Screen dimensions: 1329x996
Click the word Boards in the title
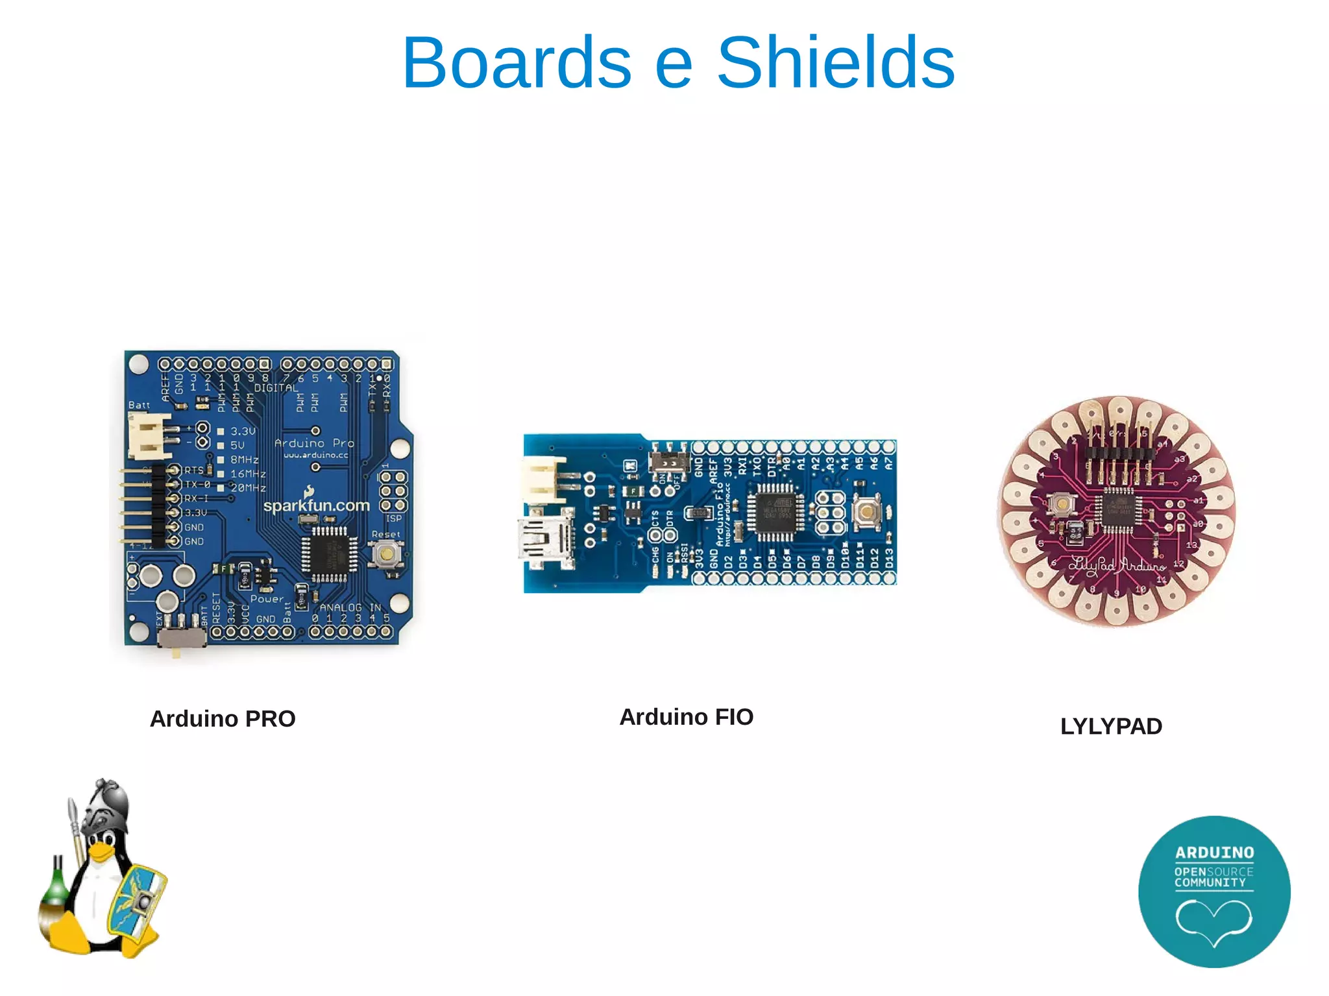(x=517, y=63)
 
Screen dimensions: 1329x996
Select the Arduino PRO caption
(x=223, y=719)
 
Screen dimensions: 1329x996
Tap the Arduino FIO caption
(x=686, y=717)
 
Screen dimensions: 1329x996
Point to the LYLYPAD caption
(x=1111, y=726)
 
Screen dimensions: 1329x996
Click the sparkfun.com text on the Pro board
(x=316, y=505)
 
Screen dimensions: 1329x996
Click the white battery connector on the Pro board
(x=148, y=435)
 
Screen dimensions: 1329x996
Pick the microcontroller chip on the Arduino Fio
(x=775, y=512)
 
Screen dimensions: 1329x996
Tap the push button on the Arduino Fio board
(x=866, y=512)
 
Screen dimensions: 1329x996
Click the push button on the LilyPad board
(x=1062, y=504)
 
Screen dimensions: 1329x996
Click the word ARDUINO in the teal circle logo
(x=1214, y=853)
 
